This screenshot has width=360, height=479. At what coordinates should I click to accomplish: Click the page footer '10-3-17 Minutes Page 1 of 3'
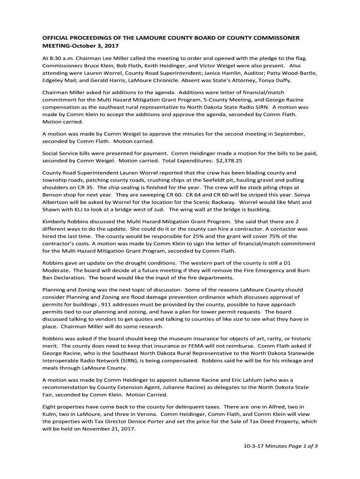[x=279, y=446]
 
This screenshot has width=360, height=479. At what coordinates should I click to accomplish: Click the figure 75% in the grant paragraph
[x=255, y=236]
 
